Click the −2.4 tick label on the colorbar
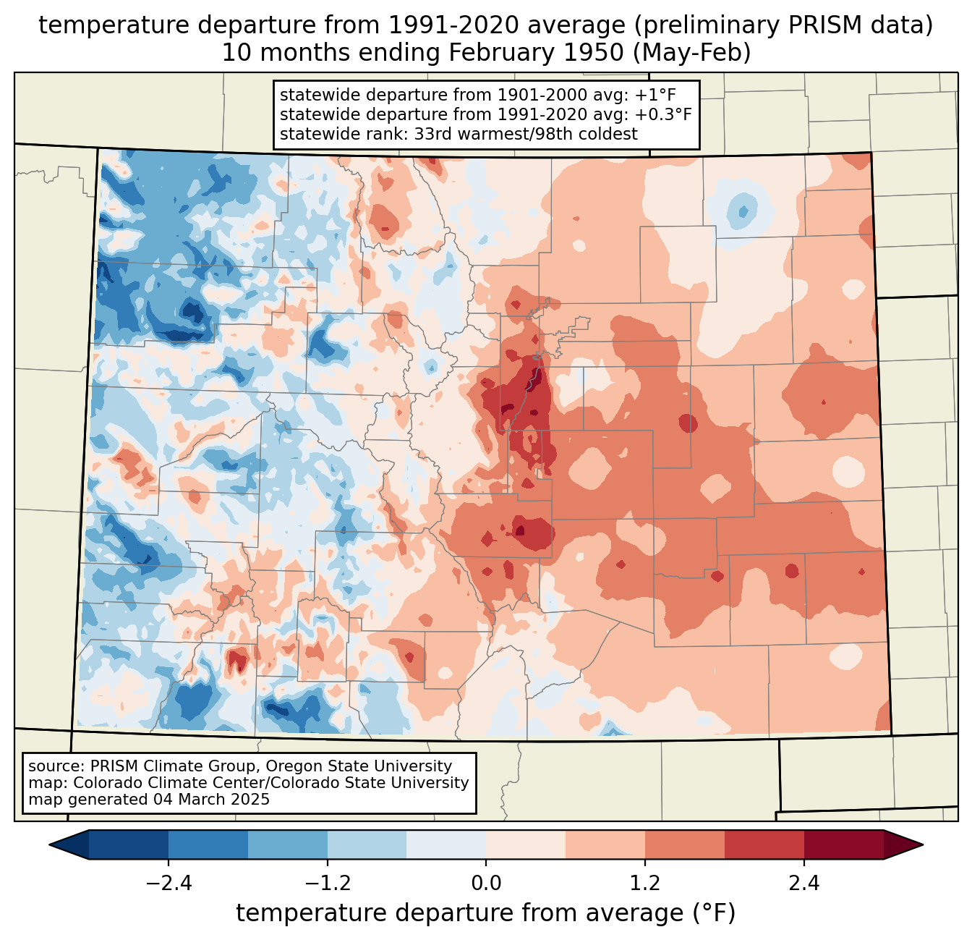(168, 884)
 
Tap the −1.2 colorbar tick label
(327, 884)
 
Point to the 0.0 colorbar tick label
(486, 884)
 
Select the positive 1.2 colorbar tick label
(645, 884)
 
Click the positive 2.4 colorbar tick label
(804, 884)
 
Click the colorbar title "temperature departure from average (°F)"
(486, 913)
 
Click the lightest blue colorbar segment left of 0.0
(446, 844)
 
